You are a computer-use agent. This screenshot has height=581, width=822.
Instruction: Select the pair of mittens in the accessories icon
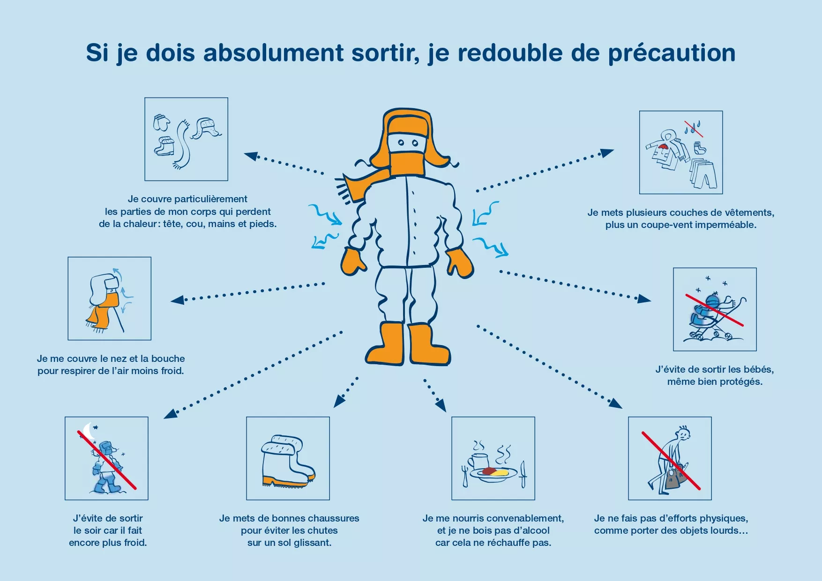162,123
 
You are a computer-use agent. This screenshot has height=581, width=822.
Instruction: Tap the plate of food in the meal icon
493,474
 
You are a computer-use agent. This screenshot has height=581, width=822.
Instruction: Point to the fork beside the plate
465,476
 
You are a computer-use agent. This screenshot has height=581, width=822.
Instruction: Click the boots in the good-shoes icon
287,462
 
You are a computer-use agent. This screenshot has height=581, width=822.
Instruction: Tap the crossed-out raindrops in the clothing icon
693,127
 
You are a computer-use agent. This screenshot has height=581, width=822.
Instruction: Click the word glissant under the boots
313,543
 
